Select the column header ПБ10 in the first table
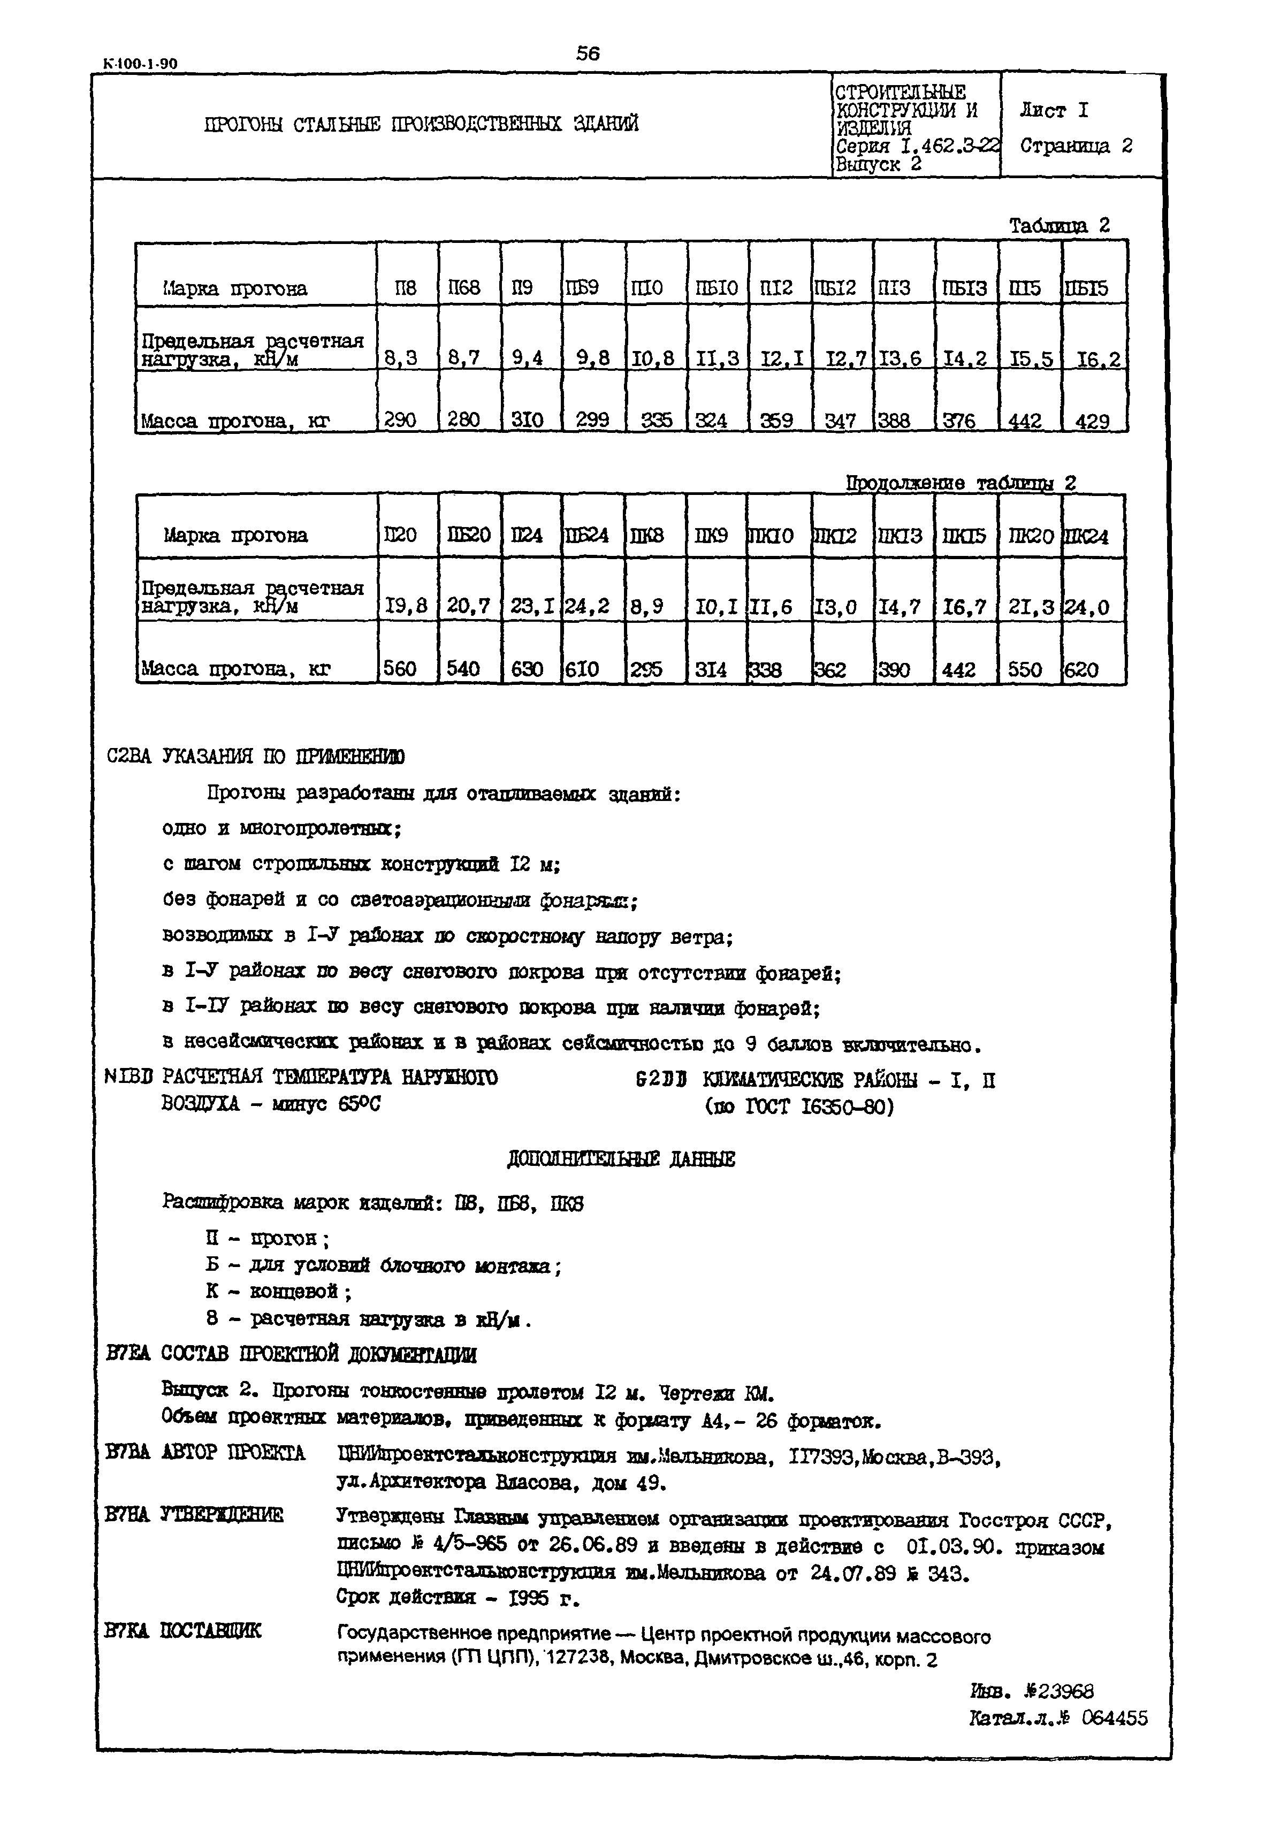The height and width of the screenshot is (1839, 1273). coord(716,288)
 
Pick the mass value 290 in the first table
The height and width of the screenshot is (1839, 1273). coord(400,420)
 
